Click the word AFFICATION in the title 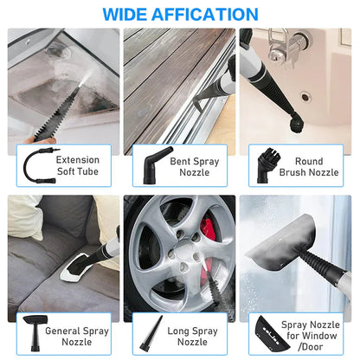click(x=208, y=15)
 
